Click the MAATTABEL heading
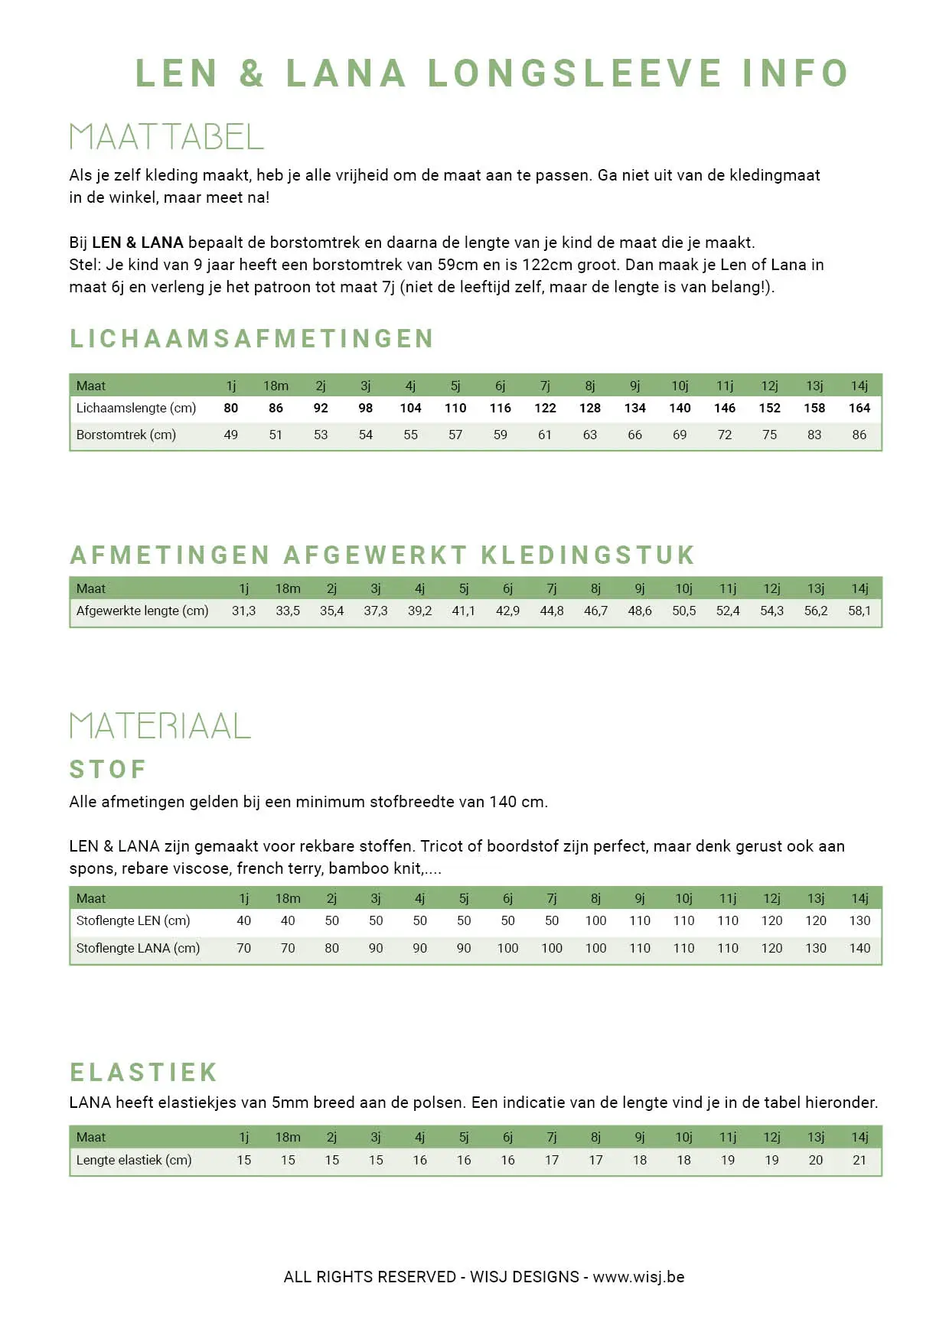[166, 137]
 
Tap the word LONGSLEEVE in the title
[574, 73]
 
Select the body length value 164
[859, 408]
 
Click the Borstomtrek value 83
[814, 435]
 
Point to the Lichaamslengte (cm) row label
[136, 408]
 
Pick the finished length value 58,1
[859, 611]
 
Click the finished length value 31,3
[243, 611]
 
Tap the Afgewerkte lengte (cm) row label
[142, 611]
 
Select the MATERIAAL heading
[160, 726]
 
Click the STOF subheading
[108, 769]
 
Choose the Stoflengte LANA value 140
[859, 948]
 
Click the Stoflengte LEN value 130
[859, 920]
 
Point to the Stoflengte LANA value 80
[331, 948]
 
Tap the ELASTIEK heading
[144, 1072]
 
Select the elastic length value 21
[859, 1160]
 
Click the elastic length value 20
[816, 1160]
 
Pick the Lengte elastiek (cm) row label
[134, 1160]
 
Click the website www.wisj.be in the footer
[638, 1277]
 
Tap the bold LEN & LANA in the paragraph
[138, 243]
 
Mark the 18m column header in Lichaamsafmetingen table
[276, 386]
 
